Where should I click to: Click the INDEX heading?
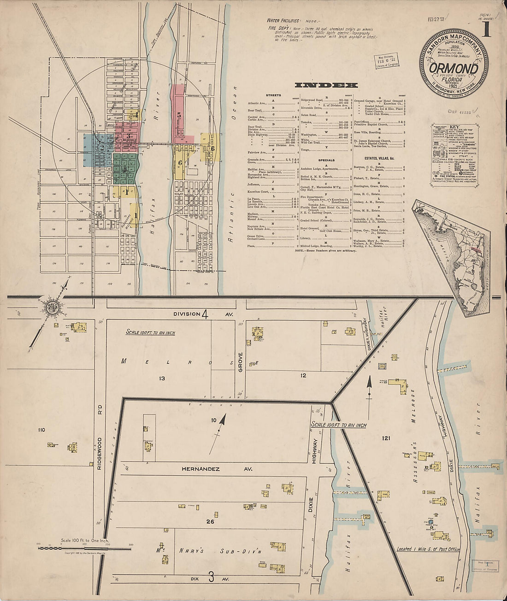[326, 85]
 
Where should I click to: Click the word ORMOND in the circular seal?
[453, 69]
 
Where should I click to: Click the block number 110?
[41, 430]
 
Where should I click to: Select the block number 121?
[385, 438]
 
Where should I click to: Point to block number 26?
[210, 521]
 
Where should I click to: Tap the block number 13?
[162, 379]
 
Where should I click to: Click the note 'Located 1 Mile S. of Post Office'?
[428, 549]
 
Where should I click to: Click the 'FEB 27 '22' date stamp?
[436, 20]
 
